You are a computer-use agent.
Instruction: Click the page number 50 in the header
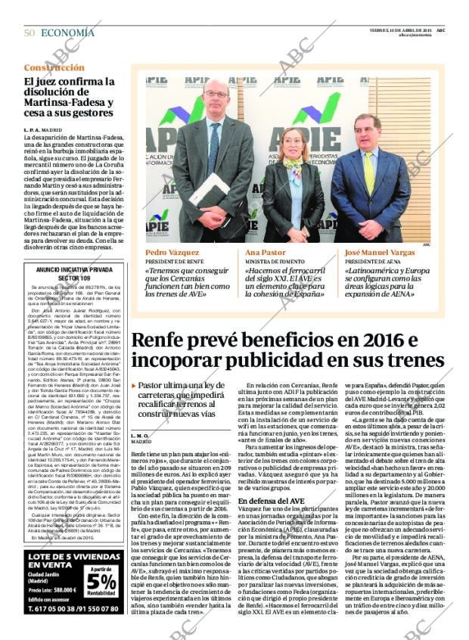(29, 33)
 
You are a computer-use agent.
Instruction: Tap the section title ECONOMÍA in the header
(68, 33)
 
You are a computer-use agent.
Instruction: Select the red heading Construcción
(54, 67)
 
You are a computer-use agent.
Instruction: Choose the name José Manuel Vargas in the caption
(380, 253)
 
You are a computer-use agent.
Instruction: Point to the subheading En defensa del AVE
(269, 502)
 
